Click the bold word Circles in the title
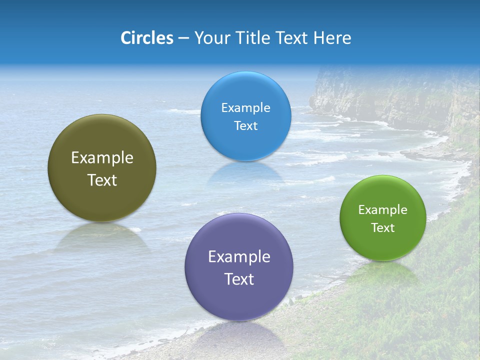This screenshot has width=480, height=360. click(x=146, y=38)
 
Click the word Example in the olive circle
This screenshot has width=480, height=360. click(x=102, y=158)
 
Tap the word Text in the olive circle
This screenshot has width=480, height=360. click(x=102, y=180)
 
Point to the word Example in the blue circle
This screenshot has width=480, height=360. click(x=245, y=108)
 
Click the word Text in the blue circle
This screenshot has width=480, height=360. click(x=245, y=126)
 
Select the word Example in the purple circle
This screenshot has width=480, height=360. click(x=239, y=257)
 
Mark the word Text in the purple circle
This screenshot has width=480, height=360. click(x=239, y=279)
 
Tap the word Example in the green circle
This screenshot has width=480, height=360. click(x=382, y=210)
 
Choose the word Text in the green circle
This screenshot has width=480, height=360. click(x=382, y=228)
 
